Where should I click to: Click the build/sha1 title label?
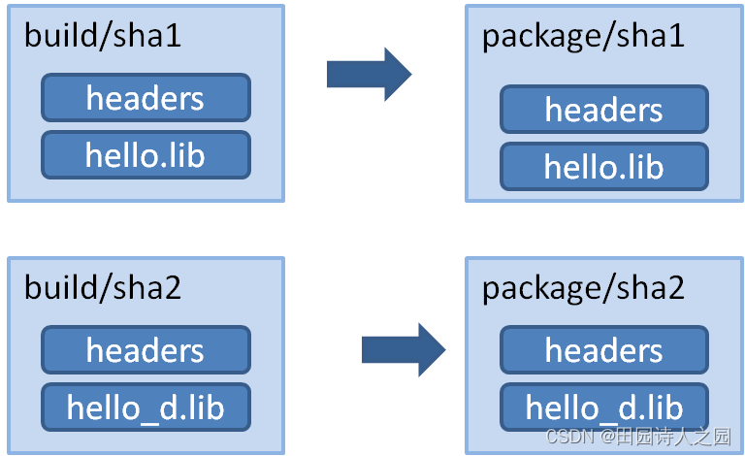pyautogui.click(x=103, y=36)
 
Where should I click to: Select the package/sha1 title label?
pyautogui.click(x=583, y=37)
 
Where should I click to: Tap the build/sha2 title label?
pyautogui.click(x=103, y=287)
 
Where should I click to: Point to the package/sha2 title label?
pyautogui.click(x=583, y=289)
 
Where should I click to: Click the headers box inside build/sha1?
pyautogui.click(x=146, y=98)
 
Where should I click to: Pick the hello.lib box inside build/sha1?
pyautogui.click(x=146, y=155)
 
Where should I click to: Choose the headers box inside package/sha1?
pyautogui.click(x=604, y=110)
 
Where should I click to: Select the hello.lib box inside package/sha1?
pyautogui.click(x=604, y=166)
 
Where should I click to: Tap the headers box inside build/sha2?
pyautogui.click(x=146, y=350)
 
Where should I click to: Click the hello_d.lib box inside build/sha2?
pyautogui.click(x=146, y=407)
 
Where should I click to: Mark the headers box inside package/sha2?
pyautogui.click(x=604, y=350)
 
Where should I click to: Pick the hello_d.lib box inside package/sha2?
pyautogui.click(x=604, y=407)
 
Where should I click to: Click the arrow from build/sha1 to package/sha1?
pyautogui.click(x=370, y=74)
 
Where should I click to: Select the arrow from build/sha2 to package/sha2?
pyautogui.click(x=404, y=350)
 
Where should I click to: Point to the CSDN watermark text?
pyautogui.click(x=638, y=436)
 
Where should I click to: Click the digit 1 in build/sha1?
pyautogui.click(x=174, y=36)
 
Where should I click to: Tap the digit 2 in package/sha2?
pyautogui.click(x=676, y=288)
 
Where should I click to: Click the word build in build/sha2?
pyautogui.click(x=59, y=287)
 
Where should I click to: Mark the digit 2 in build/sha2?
pyautogui.click(x=173, y=288)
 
